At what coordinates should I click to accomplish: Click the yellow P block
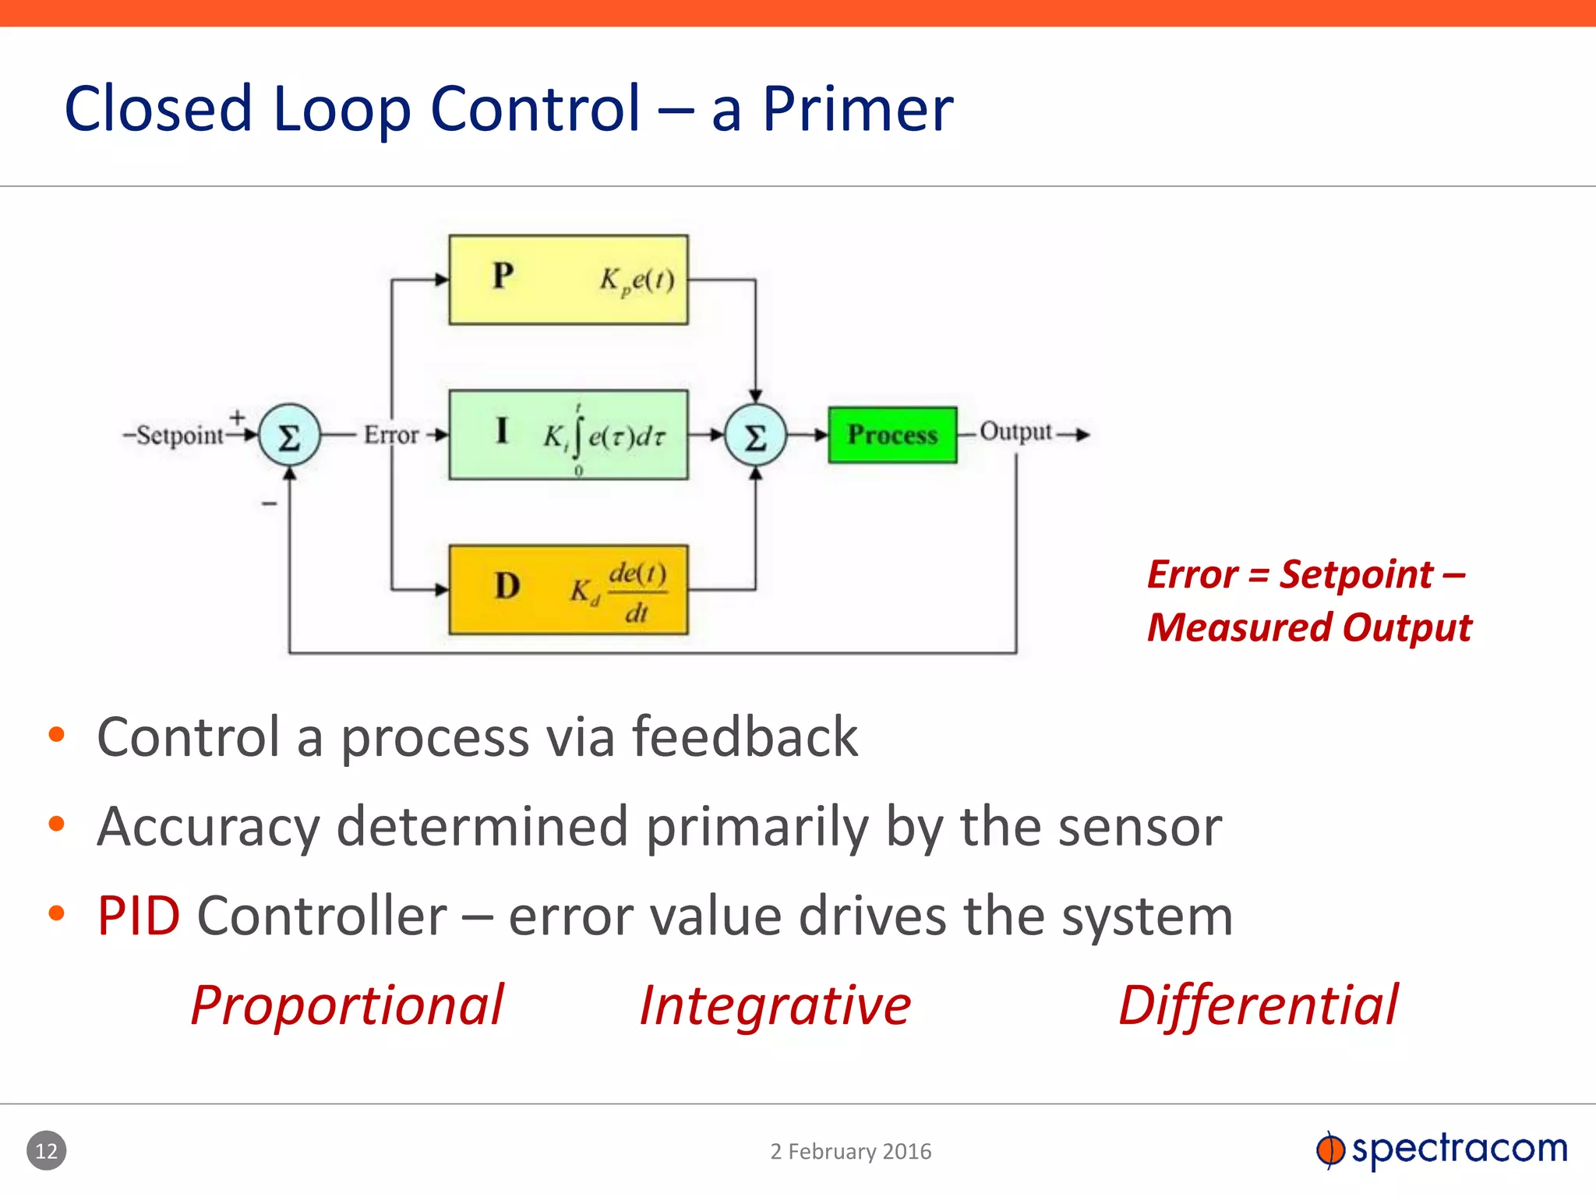tap(568, 279)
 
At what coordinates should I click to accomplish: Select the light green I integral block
tap(568, 435)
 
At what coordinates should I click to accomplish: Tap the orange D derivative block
tap(568, 590)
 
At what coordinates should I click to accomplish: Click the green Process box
tap(892, 435)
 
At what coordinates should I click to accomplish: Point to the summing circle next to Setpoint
tap(289, 436)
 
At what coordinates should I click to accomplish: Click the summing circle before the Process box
tap(755, 436)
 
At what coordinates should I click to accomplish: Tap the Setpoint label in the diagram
tap(179, 435)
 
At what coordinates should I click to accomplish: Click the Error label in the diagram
tap(391, 435)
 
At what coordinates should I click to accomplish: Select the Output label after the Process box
tap(1015, 431)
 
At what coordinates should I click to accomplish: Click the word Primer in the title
tap(857, 109)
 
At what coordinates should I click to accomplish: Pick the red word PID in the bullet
tap(139, 916)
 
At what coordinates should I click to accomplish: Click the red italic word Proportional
tap(348, 1005)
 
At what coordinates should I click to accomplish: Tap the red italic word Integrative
tap(775, 1005)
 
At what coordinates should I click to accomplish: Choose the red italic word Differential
tap(1258, 1005)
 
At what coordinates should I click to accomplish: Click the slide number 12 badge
tap(47, 1150)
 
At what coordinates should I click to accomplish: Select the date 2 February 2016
tap(851, 1151)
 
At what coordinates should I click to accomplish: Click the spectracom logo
tap(1442, 1149)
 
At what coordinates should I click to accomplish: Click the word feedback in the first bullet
tap(744, 737)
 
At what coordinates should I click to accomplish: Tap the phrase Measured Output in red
tap(1309, 627)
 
